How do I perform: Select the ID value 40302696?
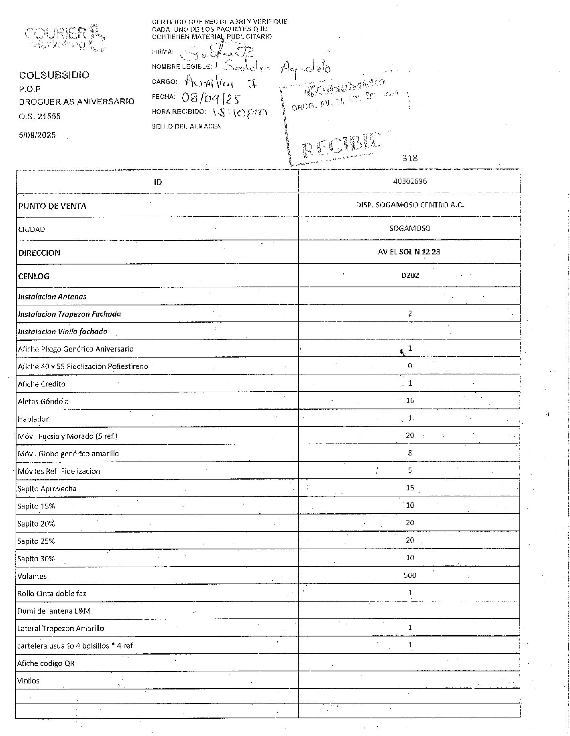pos(410,181)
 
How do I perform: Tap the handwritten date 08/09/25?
pos(211,97)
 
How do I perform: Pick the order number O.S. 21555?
pos(40,116)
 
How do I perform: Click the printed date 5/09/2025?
pos(37,135)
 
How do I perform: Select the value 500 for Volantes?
pos(410,575)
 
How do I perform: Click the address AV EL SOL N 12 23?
pos(409,252)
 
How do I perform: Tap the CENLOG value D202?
pos(410,276)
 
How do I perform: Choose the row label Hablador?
pos(33,419)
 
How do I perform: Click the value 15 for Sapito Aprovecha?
pos(410,488)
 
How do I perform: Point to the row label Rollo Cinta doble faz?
pos(52,594)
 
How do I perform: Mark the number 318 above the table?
pos(410,158)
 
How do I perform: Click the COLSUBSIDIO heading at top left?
pos(54,75)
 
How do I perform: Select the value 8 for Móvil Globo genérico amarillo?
pos(410,453)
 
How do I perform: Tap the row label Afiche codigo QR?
pos(46,663)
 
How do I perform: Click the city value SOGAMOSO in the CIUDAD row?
pos(410,229)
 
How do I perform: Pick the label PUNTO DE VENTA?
pos(52,206)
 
